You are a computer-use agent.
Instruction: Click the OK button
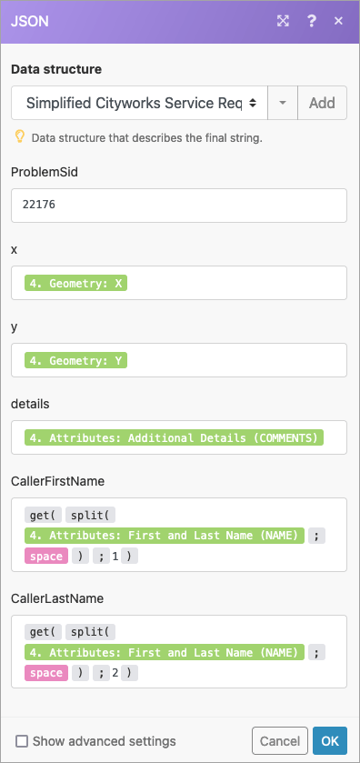tap(330, 741)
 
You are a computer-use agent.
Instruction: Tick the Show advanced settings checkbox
tap(23, 741)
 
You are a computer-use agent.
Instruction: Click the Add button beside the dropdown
tap(322, 103)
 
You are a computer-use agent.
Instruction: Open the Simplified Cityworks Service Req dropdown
tap(140, 103)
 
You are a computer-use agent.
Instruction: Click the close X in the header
tap(339, 21)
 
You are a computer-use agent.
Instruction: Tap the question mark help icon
tap(312, 21)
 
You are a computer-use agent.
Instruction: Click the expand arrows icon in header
tap(284, 21)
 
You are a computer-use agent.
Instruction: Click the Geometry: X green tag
tap(76, 284)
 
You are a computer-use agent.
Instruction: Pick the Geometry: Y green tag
tap(76, 361)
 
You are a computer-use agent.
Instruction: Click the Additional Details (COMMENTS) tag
tap(174, 438)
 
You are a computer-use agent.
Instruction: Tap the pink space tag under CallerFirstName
tap(46, 556)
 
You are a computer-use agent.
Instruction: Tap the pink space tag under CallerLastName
tap(46, 673)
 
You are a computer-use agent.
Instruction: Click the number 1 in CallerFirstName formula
tap(115, 556)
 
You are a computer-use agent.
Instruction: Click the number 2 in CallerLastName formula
tap(115, 673)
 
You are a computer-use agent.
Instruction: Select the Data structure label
tap(56, 69)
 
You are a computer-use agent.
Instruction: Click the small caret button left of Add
tap(283, 103)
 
